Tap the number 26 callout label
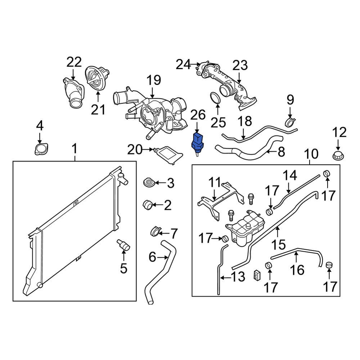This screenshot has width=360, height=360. pyautogui.click(x=198, y=115)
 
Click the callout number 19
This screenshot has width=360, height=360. pyautogui.click(x=154, y=80)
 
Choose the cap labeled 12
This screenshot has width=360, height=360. pyautogui.click(x=338, y=157)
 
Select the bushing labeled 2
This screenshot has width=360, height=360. pyautogui.click(x=148, y=205)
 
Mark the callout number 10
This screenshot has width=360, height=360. pyautogui.click(x=311, y=154)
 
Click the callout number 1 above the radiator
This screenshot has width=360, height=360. pyautogui.click(x=75, y=148)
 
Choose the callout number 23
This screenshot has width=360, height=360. pyautogui.click(x=240, y=66)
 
